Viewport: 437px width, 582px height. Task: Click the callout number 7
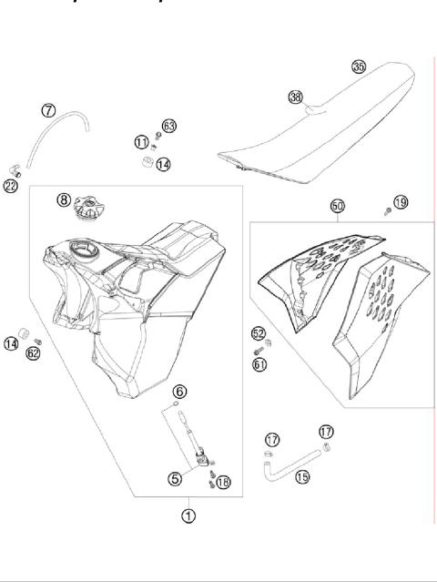pyautogui.click(x=48, y=111)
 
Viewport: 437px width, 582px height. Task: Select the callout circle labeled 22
pyautogui.click(x=11, y=186)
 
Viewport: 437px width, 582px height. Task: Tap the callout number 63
pyautogui.click(x=168, y=125)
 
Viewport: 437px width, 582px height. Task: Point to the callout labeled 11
pyautogui.click(x=141, y=142)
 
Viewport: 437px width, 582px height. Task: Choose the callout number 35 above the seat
pyautogui.click(x=359, y=66)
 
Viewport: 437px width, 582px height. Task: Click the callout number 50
pyautogui.click(x=337, y=208)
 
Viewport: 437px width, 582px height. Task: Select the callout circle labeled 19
pyautogui.click(x=401, y=201)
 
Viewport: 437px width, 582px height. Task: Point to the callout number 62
pyautogui.click(x=33, y=353)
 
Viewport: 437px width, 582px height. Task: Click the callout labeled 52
pyautogui.click(x=259, y=333)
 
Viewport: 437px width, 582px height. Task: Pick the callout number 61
pyautogui.click(x=259, y=364)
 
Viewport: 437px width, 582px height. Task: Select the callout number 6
pyautogui.click(x=180, y=392)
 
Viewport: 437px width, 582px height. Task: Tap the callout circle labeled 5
pyautogui.click(x=175, y=476)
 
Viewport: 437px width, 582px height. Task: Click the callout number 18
pyautogui.click(x=224, y=483)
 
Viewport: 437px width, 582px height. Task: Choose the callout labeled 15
pyautogui.click(x=301, y=477)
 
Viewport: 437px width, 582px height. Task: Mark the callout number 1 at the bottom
pyautogui.click(x=188, y=515)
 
